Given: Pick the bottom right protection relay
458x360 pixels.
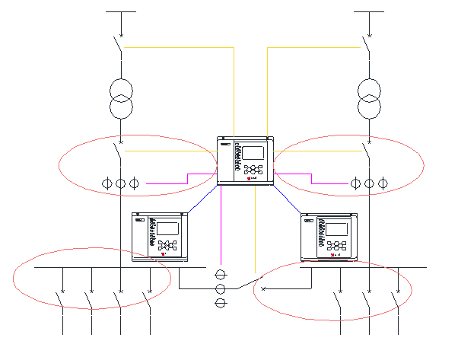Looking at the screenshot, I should tap(329, 237).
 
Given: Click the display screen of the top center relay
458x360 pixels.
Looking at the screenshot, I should tap(253, 151).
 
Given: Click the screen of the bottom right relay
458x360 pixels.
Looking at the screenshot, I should tap(337, 228).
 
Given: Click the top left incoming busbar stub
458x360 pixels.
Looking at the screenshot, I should tap(120, 12).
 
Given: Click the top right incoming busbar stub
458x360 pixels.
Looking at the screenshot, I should tap(369, 12).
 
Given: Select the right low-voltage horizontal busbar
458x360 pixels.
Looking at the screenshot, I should tap(365, 267).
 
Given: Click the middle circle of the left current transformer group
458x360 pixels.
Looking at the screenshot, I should tap(120, 183).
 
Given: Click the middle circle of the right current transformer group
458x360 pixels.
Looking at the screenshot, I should tap(369, 183).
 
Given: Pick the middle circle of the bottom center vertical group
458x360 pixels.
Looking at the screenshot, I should tap(221, 289).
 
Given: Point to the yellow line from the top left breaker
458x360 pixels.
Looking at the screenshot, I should tap(179, 48).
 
